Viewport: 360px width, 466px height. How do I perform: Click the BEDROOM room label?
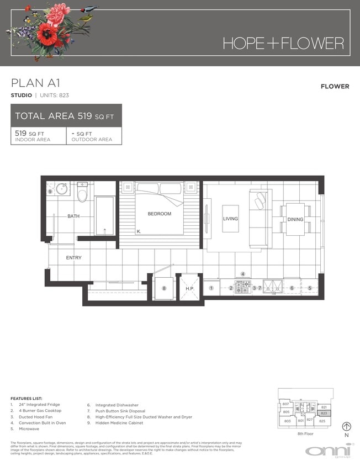[159, 214]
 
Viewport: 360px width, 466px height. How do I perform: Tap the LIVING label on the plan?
[230, 219]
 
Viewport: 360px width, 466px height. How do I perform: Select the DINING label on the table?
[295, 219]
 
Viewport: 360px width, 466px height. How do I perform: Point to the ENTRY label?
[74, 258]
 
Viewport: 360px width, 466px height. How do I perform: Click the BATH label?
[74, 216]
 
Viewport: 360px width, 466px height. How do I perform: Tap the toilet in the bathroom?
[82, 193]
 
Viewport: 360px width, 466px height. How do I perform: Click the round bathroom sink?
[61, 189]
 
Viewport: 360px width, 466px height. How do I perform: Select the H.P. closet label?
[189, 288]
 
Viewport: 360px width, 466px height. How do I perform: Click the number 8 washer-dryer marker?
[163, 288]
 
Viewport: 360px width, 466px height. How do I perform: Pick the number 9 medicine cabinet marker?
[50, 192]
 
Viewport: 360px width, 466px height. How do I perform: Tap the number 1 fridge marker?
[211, 288]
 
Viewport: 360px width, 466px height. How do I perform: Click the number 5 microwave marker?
[310, 288]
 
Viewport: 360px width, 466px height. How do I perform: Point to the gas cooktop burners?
[242, 287]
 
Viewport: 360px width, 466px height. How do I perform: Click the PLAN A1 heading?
[35, 83]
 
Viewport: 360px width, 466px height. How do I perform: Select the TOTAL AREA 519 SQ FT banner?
[66, 116]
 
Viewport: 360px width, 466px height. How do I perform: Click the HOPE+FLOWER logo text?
[283, 43]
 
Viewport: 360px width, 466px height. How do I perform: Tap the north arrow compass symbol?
[347, 426]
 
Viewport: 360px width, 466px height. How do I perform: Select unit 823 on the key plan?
[324, 412]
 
